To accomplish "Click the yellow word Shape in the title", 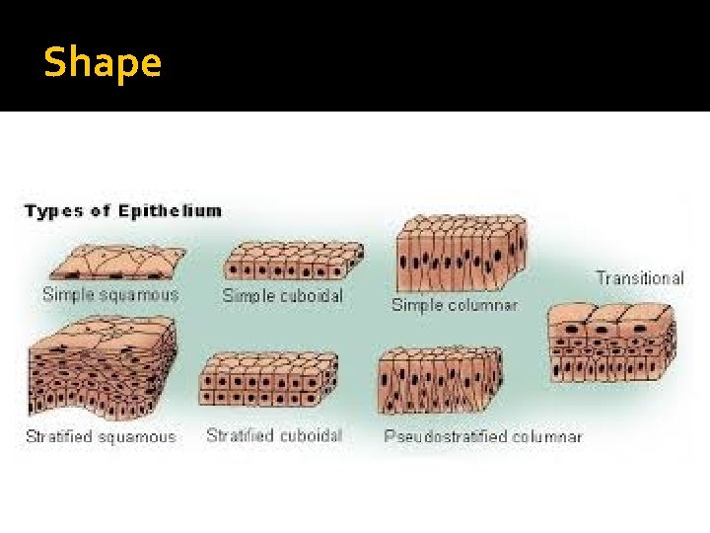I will point(103,62).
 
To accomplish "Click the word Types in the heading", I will point(53,211).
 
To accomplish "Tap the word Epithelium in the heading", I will point(170,211).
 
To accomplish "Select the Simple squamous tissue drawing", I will point(117,262).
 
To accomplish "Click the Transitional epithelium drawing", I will point(611,342).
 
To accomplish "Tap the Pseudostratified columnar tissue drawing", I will point(440,381).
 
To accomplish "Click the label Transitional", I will point(639,278).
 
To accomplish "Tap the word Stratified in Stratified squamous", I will point(59,436).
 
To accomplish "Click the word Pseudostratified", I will point(446,436).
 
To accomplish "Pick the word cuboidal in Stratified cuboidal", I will point(312,435).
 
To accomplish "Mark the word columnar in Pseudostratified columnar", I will point(547,436).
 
